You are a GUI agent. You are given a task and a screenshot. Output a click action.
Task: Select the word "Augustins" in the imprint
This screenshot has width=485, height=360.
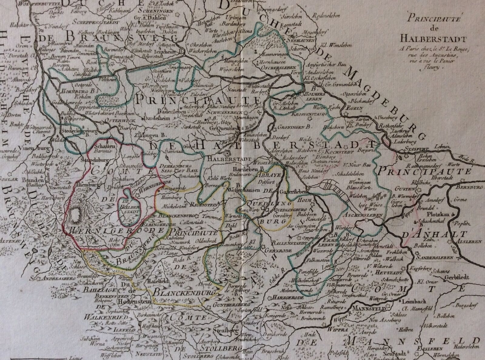(x=454, y=56)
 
